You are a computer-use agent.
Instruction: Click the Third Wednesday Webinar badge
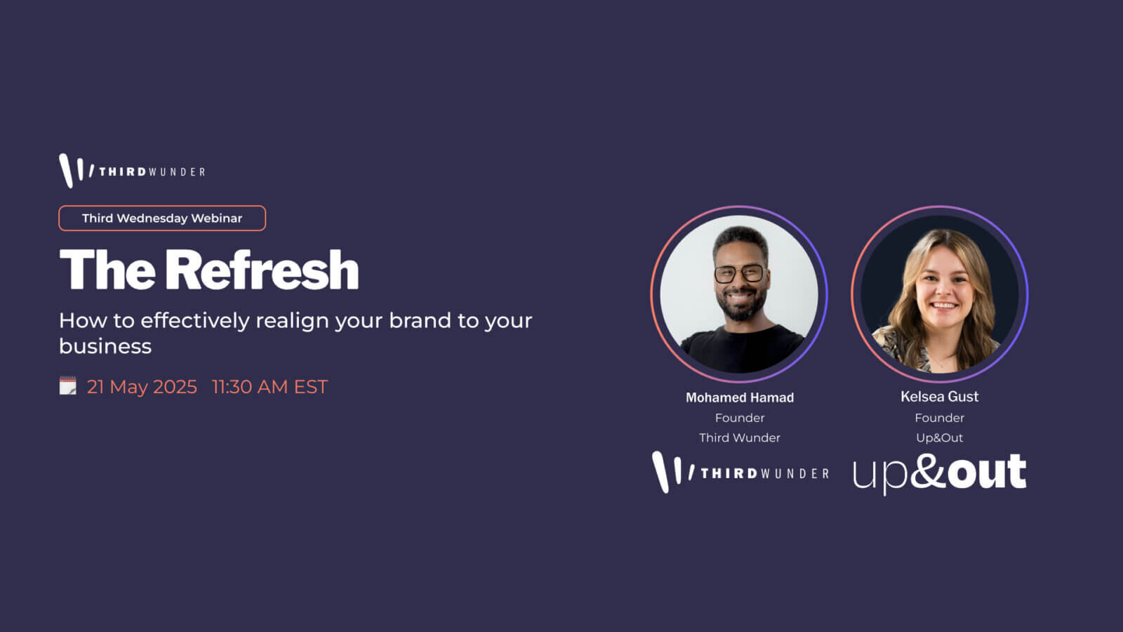(162, 218)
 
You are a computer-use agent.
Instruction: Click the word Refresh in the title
(261, 270)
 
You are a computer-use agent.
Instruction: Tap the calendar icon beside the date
(67, 386)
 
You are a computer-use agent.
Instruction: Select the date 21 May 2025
(142, 387)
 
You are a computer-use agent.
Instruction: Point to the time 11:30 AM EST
(270, 387)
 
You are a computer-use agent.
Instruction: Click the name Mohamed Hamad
(740, 397)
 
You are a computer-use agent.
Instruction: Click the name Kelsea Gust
(940, 397)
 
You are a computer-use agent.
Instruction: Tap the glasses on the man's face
(739, 273)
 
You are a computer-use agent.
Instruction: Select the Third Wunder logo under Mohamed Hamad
(740, 472)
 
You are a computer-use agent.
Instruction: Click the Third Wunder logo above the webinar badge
(132, 171)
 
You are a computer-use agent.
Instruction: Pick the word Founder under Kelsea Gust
(940, 418)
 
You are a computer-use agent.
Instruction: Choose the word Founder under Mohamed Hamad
(740, 418)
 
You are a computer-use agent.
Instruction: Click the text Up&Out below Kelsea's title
(940, 438)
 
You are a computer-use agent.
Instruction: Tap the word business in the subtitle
(105, 346)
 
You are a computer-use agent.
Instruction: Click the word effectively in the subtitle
(194, 320)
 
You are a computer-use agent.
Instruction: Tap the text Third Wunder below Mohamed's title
(740, 438)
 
